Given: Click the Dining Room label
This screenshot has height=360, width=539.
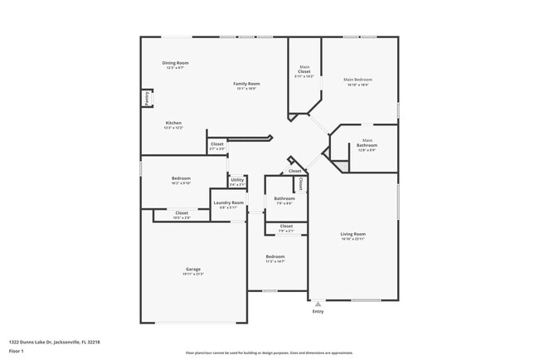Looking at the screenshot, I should pyautogui.click(x=175, y=63).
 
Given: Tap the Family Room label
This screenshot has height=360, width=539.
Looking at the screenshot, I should pyautogui.click(x=246, y=84).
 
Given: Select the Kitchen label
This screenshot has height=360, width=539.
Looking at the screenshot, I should pyautogui.click(x=172, y=123).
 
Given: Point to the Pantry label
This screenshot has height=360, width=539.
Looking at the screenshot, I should pyautogui.click(x=148, y=98).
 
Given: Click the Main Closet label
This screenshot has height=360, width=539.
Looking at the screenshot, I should pyautogui.click(x=304, y=70).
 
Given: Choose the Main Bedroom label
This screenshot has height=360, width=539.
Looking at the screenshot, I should pyautogui.click(x=357, y=80).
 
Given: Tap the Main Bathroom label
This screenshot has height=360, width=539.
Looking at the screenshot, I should pyautogui.click(x=367, y=144).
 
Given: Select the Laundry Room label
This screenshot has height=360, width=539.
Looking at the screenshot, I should pyautogui.click(x=228, y=202).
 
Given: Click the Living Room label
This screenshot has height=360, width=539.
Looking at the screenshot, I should pyautogui.click(x=353, y=234).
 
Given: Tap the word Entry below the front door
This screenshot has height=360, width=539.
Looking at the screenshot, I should pyautogui.click(x=318, y=312).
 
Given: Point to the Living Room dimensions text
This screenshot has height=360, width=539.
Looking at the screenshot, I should pyautogui.click(x=353, y=239).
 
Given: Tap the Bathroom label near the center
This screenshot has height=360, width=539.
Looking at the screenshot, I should pyautogui.click(x=284, y=198).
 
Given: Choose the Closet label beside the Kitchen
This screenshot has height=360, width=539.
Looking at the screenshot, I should pyautogui.click(x=216, y=144).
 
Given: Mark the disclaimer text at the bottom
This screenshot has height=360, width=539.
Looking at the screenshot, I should pyautogui.click(x=269, y=353).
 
